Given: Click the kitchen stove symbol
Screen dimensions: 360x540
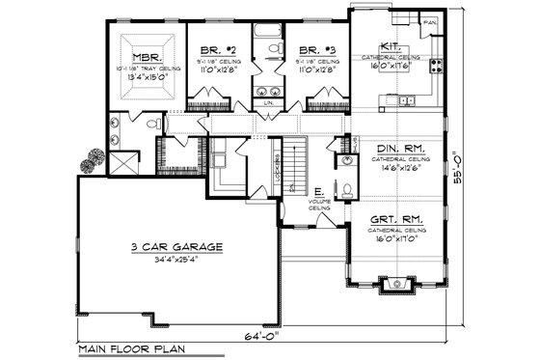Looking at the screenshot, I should pos(436,66).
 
